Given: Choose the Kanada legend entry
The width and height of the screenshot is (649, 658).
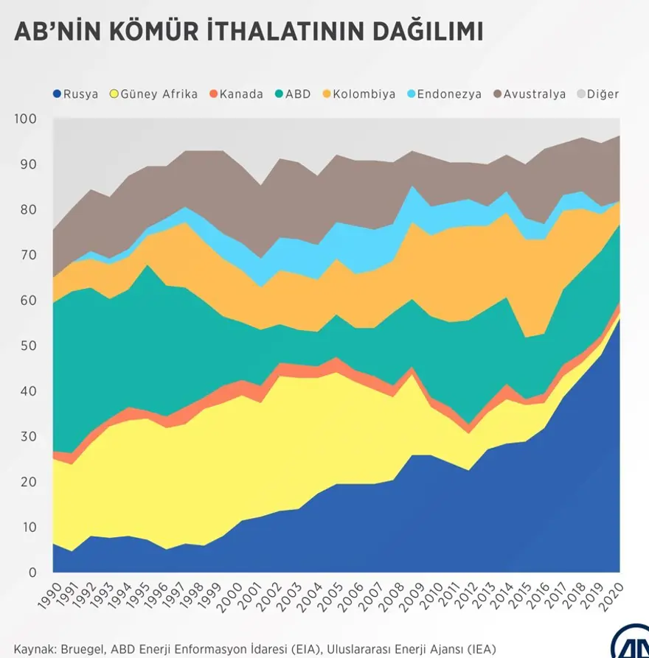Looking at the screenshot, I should click(236, 94).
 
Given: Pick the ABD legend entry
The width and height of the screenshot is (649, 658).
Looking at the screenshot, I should click(294, 94).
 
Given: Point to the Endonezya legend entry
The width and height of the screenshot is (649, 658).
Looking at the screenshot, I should click(442, 94).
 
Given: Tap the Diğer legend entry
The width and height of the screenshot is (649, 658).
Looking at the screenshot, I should click(597, 94).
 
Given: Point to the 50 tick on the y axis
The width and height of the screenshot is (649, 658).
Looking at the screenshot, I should click(27, 346).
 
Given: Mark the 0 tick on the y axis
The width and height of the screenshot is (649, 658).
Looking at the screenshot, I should click(31, 573).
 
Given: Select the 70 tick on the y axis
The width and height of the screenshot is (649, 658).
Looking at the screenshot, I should click(27, 255).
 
